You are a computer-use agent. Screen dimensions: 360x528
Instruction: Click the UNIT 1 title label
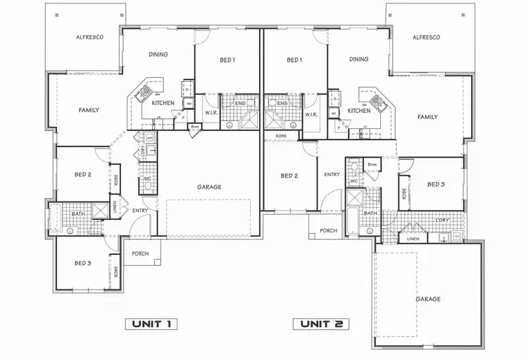point(150,324)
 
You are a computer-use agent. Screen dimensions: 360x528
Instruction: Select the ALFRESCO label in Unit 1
point(90,37)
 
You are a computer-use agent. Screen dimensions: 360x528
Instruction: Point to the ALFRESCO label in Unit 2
point(426,37)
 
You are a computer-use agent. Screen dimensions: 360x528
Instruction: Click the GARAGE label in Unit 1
point(209,187)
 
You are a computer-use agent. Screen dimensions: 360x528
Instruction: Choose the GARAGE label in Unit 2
point(428,299)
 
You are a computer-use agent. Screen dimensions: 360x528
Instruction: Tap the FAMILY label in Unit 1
point(89,110)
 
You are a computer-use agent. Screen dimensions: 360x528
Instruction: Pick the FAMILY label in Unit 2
point(427,117)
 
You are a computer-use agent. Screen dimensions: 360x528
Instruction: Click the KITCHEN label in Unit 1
point(163,103)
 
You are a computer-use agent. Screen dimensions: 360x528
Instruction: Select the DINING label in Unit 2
point(359,60)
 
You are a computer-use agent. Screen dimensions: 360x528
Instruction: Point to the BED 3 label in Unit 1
point(82,263)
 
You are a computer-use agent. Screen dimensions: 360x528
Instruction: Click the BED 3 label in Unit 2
point(436,185)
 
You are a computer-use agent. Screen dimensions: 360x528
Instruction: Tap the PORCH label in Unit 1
point(140,254)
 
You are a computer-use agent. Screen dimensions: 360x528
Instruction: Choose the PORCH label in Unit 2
point(328,230)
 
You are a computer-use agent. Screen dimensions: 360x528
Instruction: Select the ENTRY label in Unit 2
point(332,175)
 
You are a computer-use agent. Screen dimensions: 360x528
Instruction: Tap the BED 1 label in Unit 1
point(227,61)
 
